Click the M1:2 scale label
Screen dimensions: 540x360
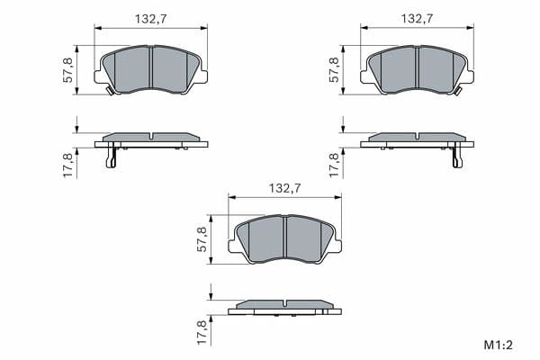click(x=499, y=345)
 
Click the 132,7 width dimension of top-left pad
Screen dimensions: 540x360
click(x=150, y=19)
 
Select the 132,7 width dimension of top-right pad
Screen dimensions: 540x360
click(x=417, y=19)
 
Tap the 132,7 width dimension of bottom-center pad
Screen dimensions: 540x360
click(x=284, y=188)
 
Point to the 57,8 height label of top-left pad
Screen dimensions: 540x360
click(x=67, y=70)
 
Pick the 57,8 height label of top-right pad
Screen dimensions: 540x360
click(x=334, y=70)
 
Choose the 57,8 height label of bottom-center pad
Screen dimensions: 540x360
click(x=202, y=239)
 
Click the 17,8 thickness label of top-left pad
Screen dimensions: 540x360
click(x=67, y=166)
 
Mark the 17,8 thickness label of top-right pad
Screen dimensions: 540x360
click(x=334, y=166)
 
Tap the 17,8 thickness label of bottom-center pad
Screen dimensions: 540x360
click(x=202, y=332)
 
